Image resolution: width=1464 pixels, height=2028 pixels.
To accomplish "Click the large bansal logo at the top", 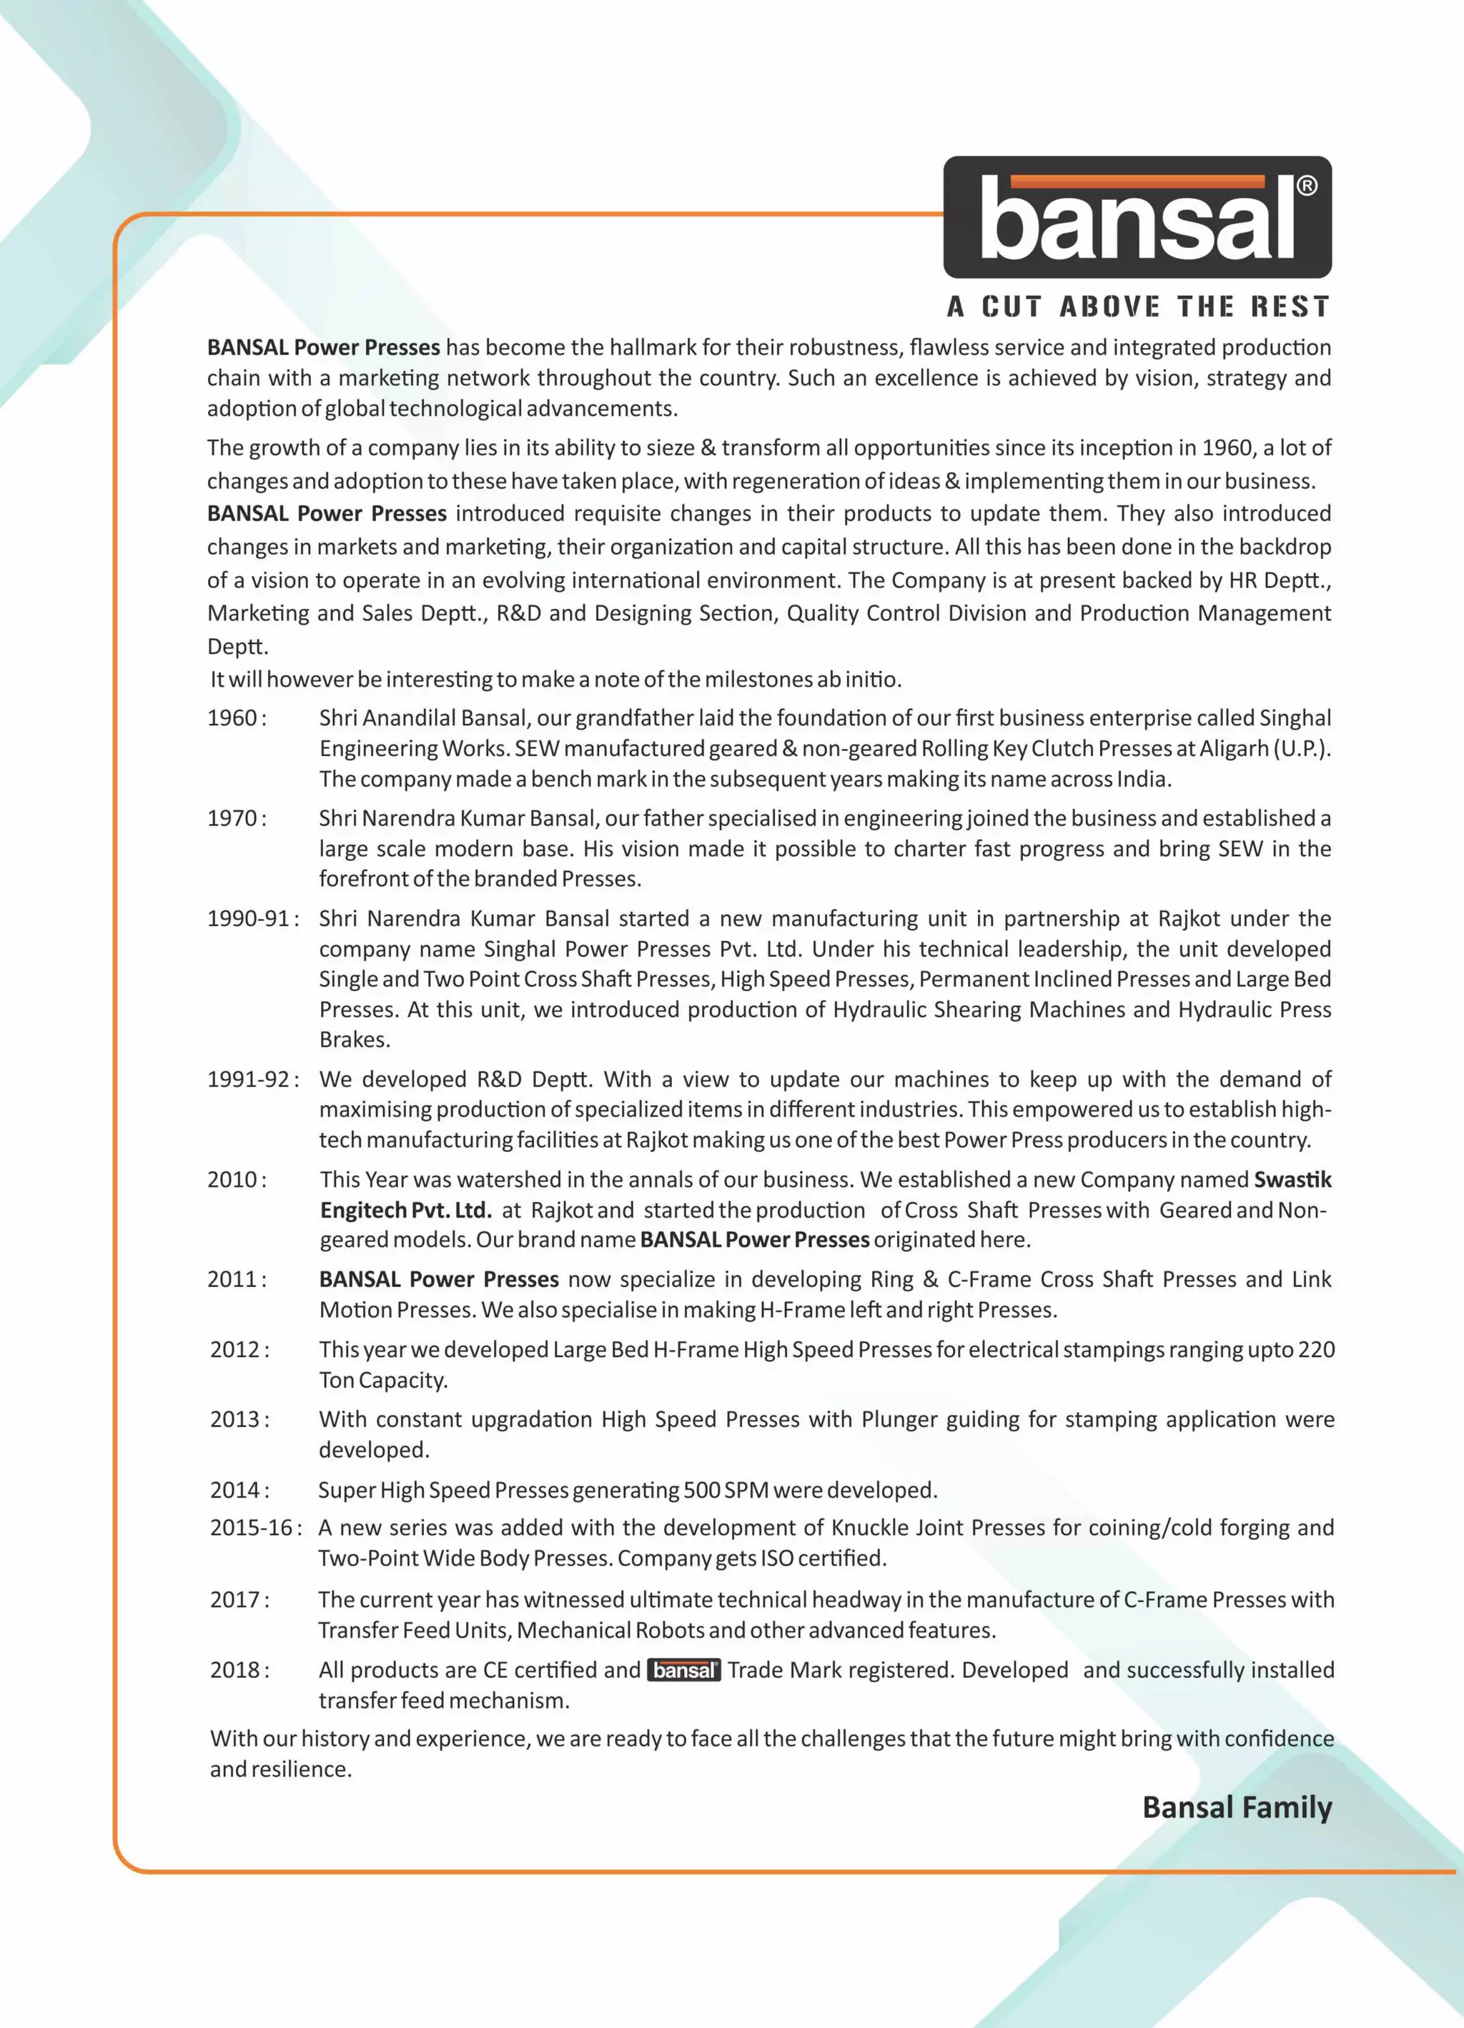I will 1137,217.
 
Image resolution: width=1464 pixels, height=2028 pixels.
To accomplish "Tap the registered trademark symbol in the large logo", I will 1306,185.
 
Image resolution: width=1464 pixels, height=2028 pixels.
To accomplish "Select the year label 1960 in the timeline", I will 232,718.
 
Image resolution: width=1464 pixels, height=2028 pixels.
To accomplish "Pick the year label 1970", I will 232,818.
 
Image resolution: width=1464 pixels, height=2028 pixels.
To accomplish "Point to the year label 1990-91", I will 249,918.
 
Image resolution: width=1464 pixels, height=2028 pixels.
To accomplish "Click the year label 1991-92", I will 249,1079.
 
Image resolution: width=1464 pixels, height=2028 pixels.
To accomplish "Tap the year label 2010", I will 232,1179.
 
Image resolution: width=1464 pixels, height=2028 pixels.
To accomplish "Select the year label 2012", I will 235,1349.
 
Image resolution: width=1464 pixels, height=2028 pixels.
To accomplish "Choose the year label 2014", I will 235,1490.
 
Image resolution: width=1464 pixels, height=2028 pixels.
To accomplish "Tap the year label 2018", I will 235,1669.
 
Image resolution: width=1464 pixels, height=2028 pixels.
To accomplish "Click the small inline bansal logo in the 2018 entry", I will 684,1670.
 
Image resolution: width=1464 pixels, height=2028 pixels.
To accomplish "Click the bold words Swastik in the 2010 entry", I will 1292,1179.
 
